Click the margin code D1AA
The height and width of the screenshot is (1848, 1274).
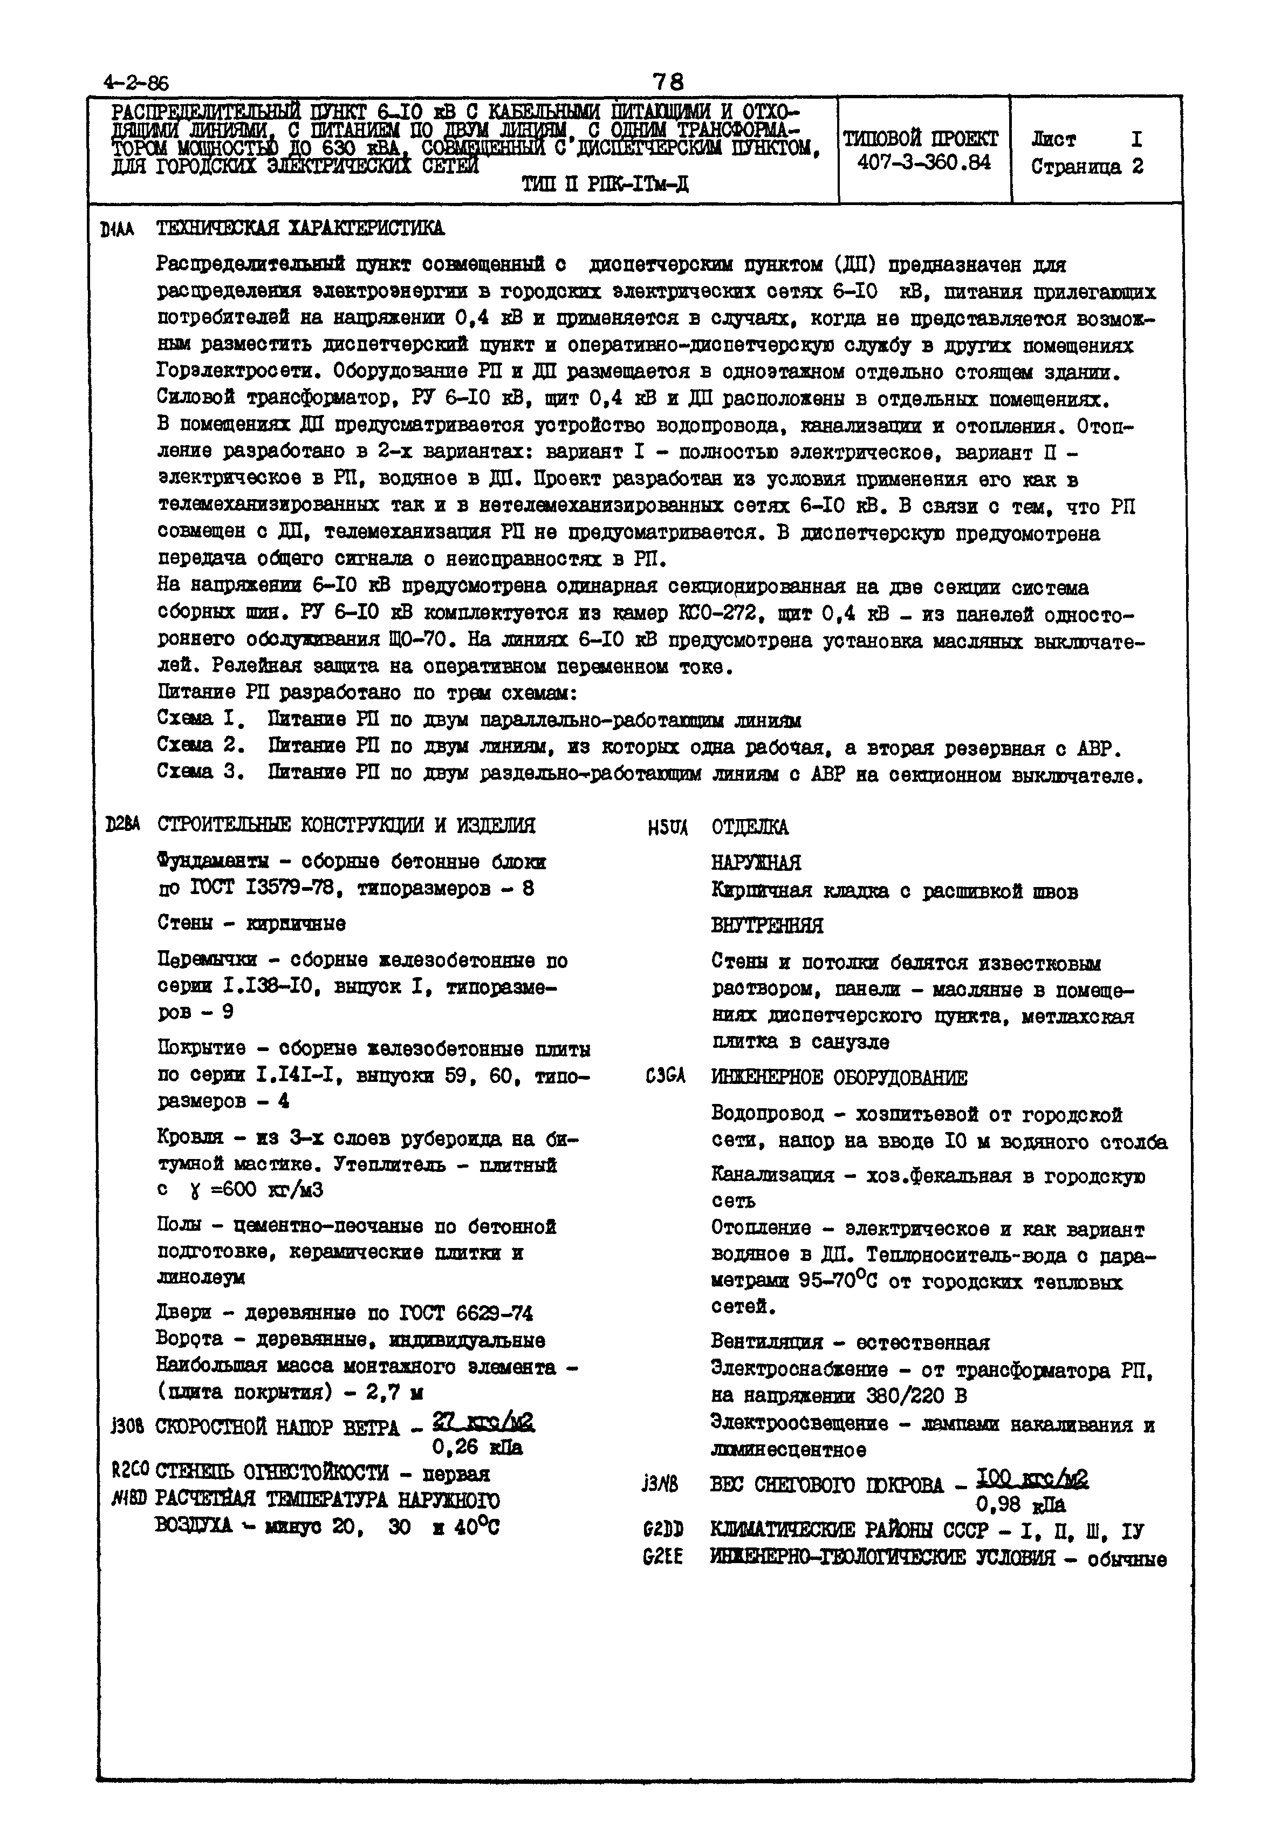click(118, 230)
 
